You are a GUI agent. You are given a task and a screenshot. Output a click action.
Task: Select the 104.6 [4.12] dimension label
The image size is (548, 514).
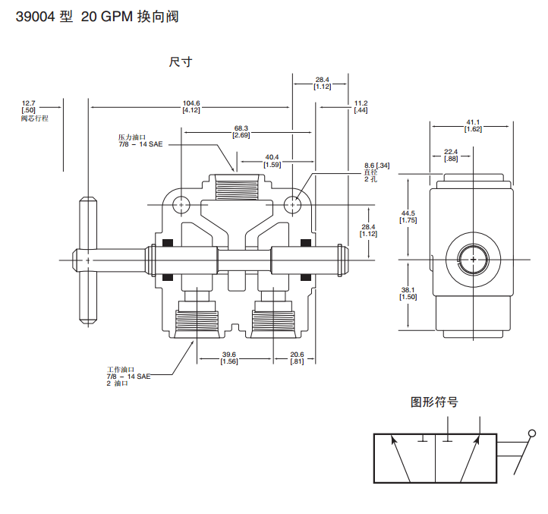[191, 107]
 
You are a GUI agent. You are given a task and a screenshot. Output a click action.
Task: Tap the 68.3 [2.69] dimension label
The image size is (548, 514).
[241, 131]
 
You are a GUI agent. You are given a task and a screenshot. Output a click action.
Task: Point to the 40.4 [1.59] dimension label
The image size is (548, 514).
[272, 160]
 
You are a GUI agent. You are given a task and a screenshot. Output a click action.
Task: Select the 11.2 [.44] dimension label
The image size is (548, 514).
[361, 107]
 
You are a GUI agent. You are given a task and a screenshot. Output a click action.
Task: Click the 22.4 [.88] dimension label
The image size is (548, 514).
[451, 155]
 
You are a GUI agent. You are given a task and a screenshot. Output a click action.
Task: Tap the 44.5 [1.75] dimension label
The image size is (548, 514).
[408, 216]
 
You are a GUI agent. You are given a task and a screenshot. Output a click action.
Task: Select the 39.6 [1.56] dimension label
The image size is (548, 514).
[229, 358]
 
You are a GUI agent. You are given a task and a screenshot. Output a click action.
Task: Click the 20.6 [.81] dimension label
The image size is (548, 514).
[298, 358]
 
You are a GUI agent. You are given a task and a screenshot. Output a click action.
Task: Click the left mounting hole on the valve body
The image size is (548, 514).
[181, 205]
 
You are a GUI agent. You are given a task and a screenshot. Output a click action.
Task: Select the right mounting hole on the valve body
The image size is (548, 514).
[294, 205]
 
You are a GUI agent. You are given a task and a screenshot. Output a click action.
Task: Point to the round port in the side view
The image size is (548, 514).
[473, 260]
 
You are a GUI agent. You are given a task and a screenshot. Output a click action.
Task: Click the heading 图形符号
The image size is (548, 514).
[434, 402]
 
